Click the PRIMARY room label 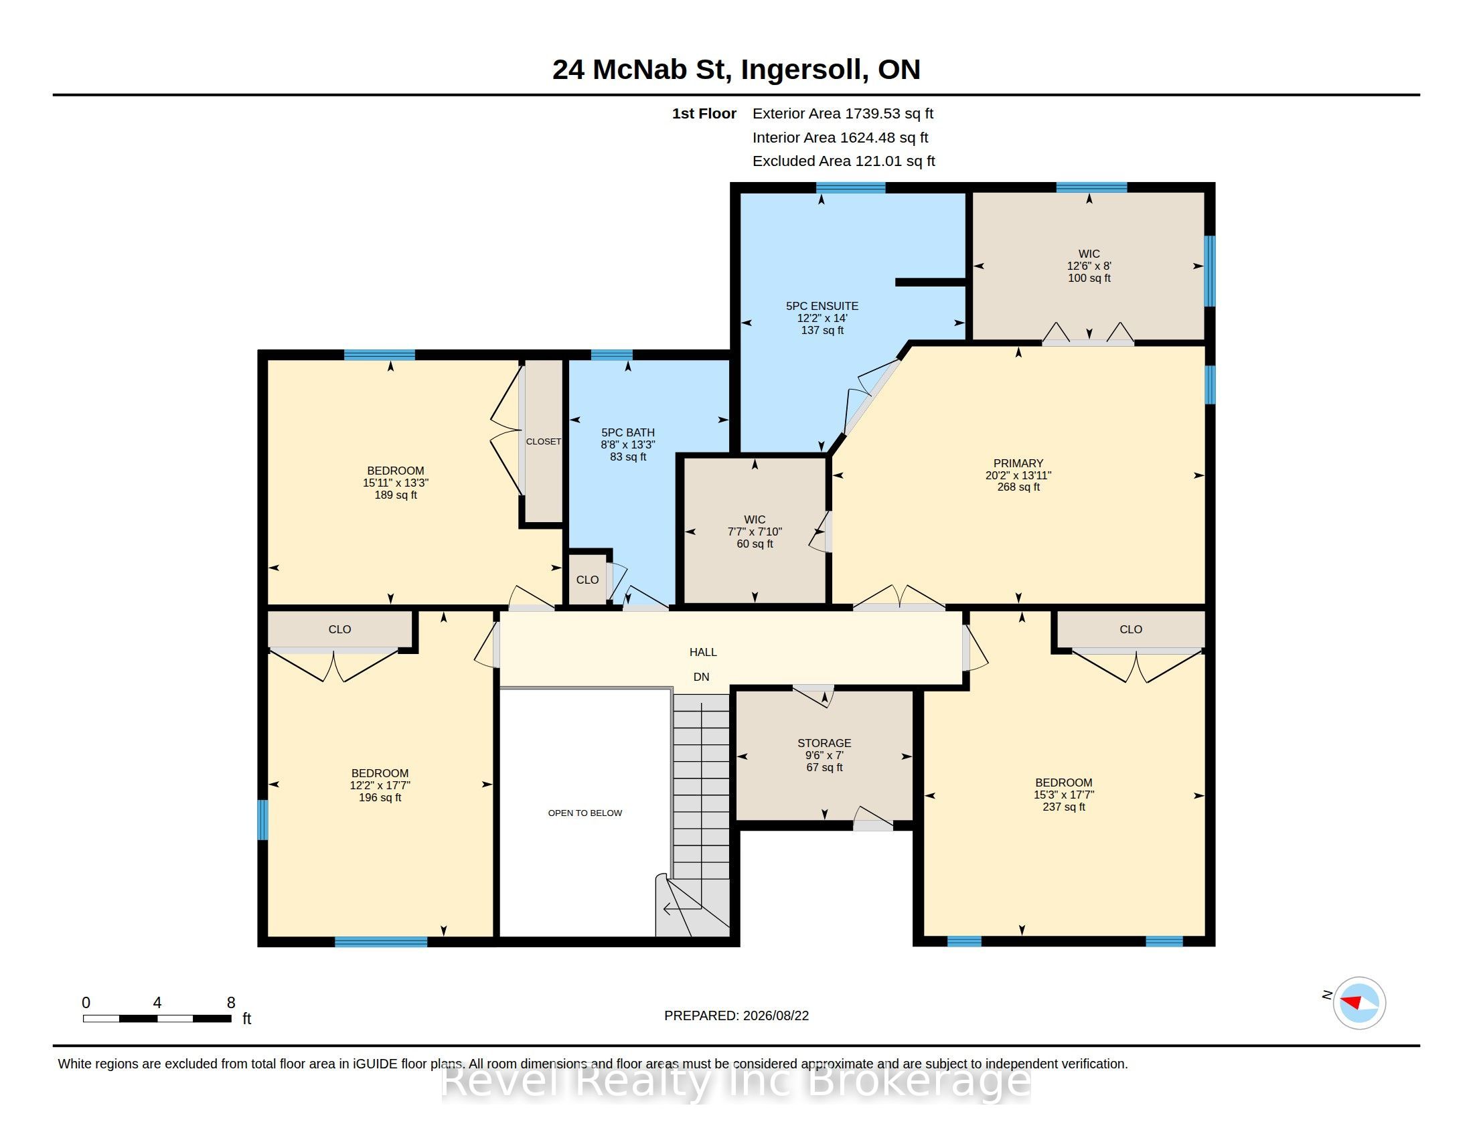pyautogui.click(x=1018, y=463)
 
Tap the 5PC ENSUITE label pyautogui.click(x=822, y=306)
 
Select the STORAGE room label pyautogui.click(x=824, y=743)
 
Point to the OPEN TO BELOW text pyautogui.click(x=585, y=813)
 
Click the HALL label pyautogui.click(x=703, y=652)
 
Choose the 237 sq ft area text pyautogui.click(x=1064, y=807)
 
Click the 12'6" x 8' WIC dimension pyautogui.click(x=1089, y=266)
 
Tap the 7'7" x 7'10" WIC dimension pyautogui.click(x=755, y=532)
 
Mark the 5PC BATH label pyautogui.click(x=628, y=433)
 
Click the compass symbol pyautogui.click(x=1359, y=1003)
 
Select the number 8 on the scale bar pyautogui.click(x=231, y=1003)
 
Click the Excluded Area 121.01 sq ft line pyautogui.click(x=844, y=161)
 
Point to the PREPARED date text pyautogui.click(x=736, y=1015)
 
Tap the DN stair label pyautogui.click(x=702, y=677)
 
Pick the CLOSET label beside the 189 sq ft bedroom pyautogui.click(x=544, y=442)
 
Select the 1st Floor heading pyautogui.click(x=704, y=114)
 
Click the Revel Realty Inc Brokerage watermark pyautogui.click(x=736, y=1080)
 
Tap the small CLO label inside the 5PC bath pyautogui.click(x=587, y=580)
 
